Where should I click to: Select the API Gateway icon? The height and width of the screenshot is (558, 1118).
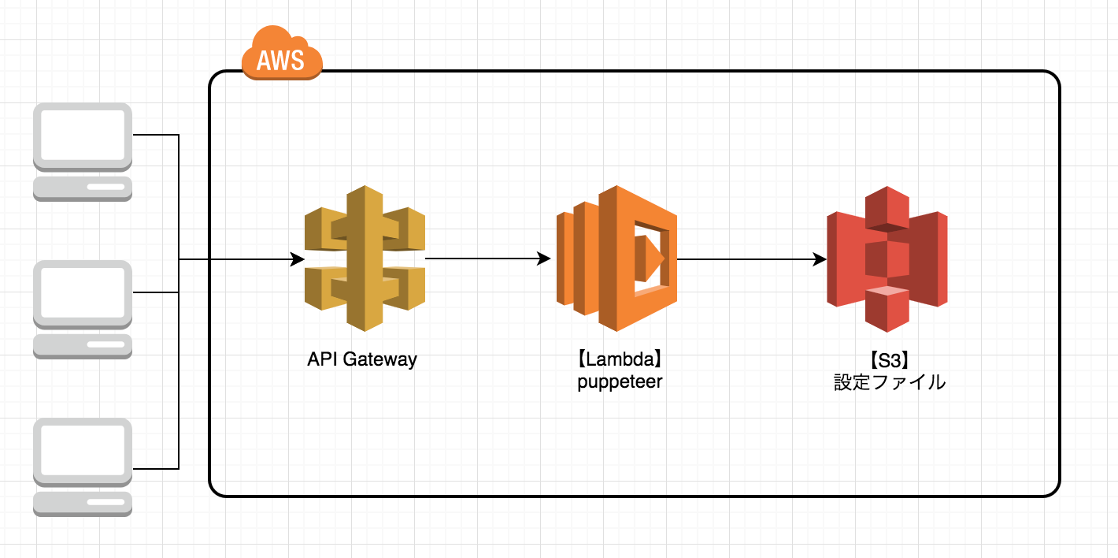(x=365, y=259)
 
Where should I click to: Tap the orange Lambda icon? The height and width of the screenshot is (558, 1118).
(x=616, y=259)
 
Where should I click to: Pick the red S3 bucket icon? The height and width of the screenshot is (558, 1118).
(x=887, y=259)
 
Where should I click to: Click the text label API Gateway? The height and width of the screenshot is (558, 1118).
(x=362, y=360)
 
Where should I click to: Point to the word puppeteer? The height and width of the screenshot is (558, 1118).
(x=620, y=382)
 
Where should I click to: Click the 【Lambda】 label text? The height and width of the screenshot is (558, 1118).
(x=620, y=360)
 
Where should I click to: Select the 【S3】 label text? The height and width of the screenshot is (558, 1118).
(x=890, y=360)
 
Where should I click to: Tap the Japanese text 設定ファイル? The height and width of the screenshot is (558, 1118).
(x=890, y=383)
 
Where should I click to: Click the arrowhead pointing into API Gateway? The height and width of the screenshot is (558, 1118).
(x=298, y=259)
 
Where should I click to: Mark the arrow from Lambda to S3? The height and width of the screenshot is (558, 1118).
(x=751, y=259)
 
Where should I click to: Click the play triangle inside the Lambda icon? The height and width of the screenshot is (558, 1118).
(x=653, y=258)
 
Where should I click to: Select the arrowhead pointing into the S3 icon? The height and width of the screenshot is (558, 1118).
(x=820, y=259)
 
